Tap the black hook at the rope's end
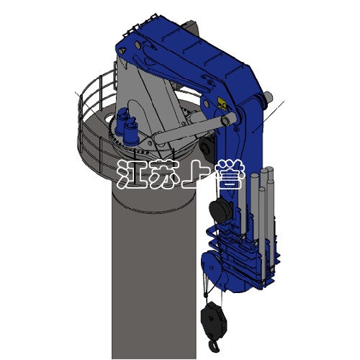(x=212, y=347)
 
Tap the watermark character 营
(x=230, y=174)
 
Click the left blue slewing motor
(x=122, y=121)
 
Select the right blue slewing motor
(x=131, y=132)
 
